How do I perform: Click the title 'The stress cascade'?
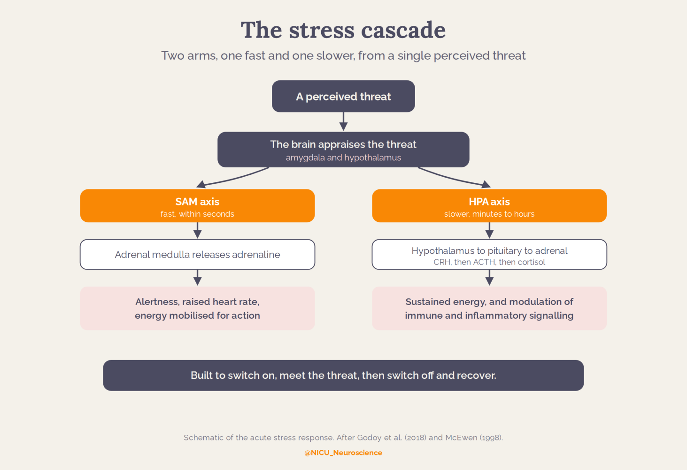tap(343, 30)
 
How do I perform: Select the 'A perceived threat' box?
tap(343, 96)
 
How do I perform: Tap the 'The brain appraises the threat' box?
tap(343, 149)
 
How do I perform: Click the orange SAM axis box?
tap(197, 206)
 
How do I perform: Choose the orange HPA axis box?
tap(489, 206)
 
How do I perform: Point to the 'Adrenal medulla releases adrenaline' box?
tap(197, 254)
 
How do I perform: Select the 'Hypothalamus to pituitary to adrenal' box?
tap(489, 254)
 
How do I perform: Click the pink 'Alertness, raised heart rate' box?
tap(197, 308)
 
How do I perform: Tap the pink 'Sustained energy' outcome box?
tap(489, 308)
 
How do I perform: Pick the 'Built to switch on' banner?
tap(343, 376)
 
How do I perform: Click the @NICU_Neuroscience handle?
tap(343, 453)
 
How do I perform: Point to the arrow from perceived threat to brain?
tap(343, 122)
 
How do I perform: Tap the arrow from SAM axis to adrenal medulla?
tap(197, 230)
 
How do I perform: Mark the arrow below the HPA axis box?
tap(489, 230)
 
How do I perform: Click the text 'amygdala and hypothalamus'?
tap(343, 158)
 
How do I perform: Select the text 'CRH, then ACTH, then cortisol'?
tap(489, 262)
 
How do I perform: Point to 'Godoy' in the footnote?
tap(370, 438)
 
